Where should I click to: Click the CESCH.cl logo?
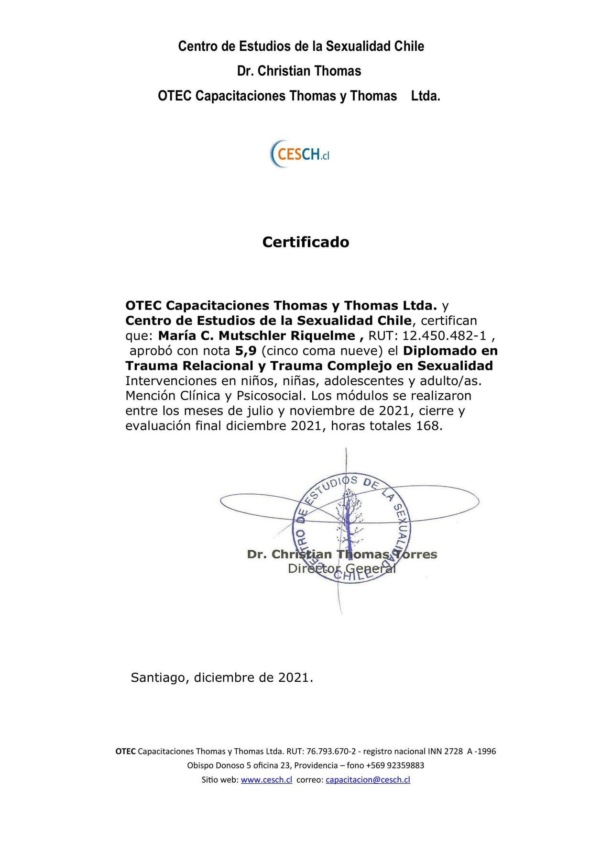300,154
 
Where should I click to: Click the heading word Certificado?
306,242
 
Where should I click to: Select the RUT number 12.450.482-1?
444,335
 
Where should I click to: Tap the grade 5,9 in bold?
246,351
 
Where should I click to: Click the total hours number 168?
427,426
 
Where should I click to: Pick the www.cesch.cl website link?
266,779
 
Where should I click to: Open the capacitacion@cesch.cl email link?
368,779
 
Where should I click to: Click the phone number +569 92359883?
395,765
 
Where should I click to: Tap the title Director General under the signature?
342,569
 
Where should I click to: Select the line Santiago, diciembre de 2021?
222,677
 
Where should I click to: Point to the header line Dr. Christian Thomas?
299,71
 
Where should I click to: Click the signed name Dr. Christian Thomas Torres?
342,555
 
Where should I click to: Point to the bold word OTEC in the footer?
126,751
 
